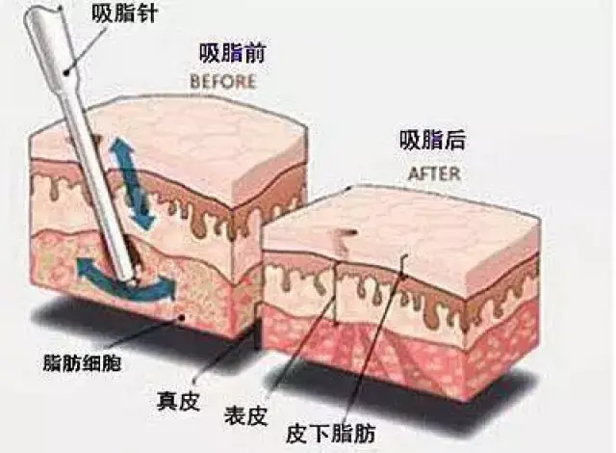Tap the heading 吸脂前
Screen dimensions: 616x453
pos(233,53)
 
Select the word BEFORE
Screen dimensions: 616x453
pos(223,82)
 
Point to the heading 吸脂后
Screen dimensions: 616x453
pos(432,140)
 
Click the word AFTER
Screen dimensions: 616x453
pos(434,173)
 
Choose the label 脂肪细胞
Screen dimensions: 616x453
pos(82,362)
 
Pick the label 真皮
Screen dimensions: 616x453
pos(178,401)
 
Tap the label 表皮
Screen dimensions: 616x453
pos(245,414)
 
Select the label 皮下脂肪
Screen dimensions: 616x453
pos(330,434)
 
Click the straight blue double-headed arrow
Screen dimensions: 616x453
pos(132,183)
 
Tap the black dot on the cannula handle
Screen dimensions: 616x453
pos(66,72)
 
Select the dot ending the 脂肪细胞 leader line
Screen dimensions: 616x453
pos(181,316)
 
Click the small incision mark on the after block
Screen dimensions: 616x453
pos(345,233)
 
